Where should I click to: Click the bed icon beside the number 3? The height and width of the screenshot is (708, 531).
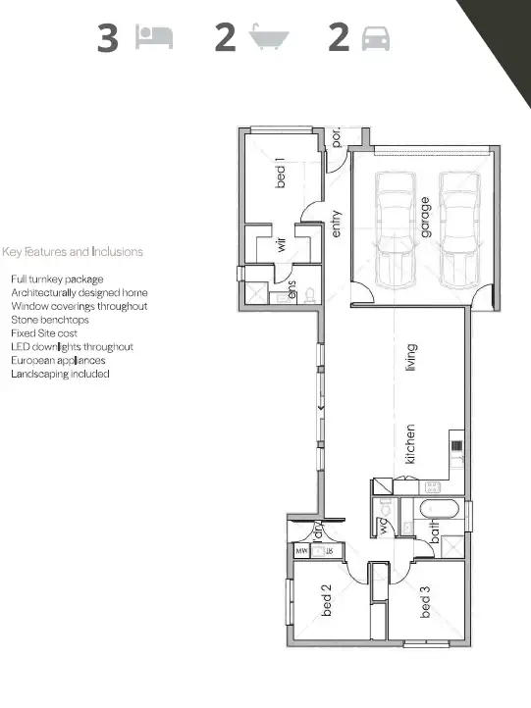point(155,37)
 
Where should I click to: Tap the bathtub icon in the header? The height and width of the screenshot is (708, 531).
point(269,38)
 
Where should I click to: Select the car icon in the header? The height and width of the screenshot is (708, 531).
point(376,38)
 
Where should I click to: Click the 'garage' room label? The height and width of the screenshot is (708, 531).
point(426,213)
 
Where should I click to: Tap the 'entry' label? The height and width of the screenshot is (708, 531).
point(336,224)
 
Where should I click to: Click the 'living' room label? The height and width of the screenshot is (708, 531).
point(410,357)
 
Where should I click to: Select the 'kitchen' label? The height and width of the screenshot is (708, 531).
point(410,443)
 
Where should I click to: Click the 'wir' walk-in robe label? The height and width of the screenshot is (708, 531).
point(281,245)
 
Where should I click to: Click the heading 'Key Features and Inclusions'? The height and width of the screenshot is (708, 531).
point(73,252)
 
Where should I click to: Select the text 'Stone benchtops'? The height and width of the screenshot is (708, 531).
point(50,320)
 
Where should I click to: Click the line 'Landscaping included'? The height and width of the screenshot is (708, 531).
point(60,374)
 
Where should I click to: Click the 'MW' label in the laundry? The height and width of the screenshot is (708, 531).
point(302,552)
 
